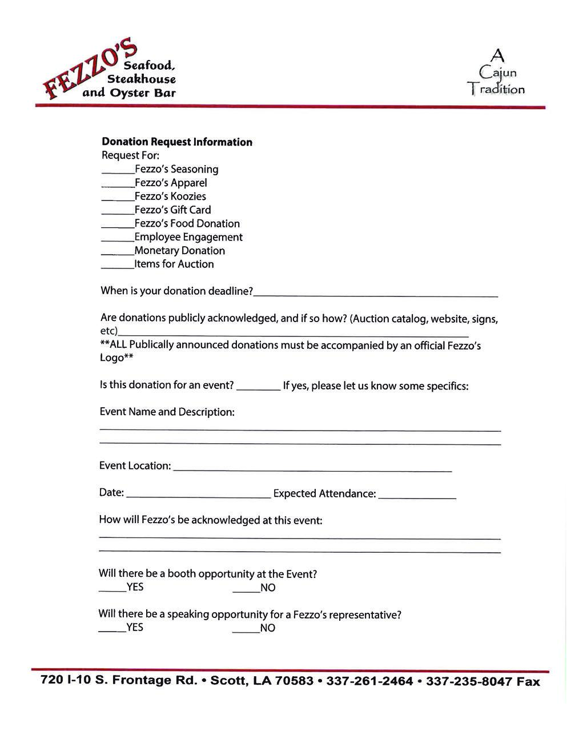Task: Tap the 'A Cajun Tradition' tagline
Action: point(496,73)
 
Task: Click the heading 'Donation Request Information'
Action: point(177,142)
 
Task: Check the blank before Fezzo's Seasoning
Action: point(118,171)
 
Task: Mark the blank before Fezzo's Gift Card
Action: point(118,212)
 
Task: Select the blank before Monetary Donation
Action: point(118,253)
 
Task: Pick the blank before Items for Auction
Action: point(118,267)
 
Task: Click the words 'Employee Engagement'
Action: point(188,237)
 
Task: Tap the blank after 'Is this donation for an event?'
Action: point(258,388)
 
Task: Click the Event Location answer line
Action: point(312,469)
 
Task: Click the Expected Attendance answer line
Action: point(417,497)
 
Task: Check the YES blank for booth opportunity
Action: point(112,590)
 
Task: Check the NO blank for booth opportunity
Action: point(246,591)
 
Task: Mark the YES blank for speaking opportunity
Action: point(112,630)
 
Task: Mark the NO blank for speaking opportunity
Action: point(246,631)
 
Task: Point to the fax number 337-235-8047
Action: point(469,681)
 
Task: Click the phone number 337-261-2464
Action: point(369,681)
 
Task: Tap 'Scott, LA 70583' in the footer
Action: point(262,681)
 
